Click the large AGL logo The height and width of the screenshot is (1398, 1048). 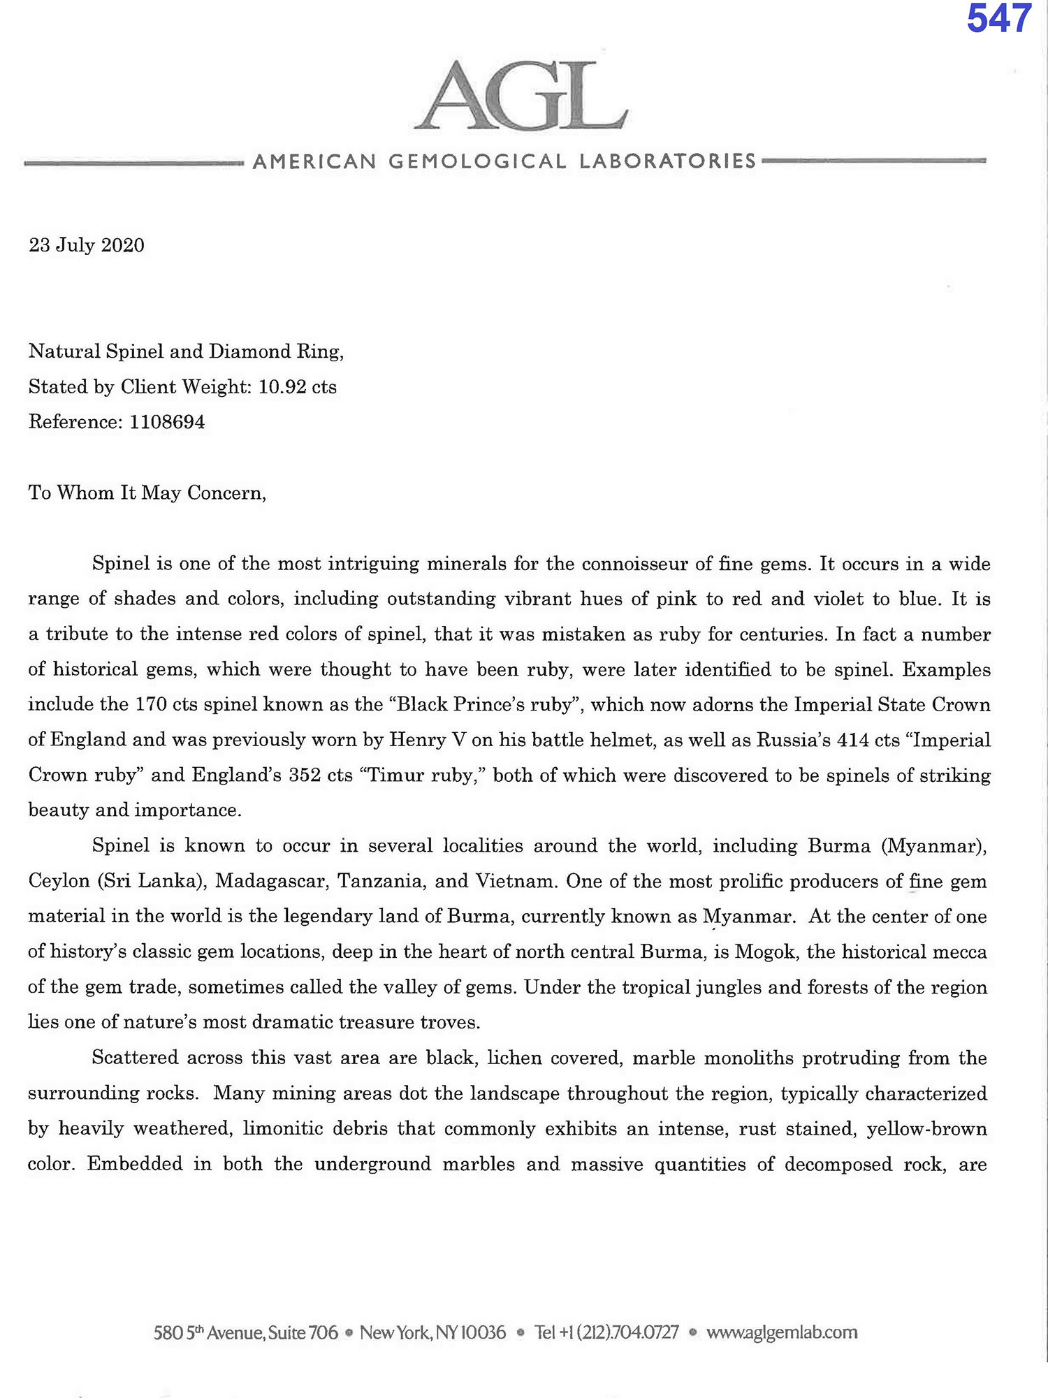click(x=522, y=96)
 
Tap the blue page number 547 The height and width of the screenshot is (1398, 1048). click(x=998, y=20)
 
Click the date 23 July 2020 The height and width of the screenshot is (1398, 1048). click(x=87, y=245)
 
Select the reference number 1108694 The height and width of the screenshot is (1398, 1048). click(x=167, y=422)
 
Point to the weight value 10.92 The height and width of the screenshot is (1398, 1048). click(x=282, y=387)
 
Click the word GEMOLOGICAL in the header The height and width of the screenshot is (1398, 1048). click(x=477, y=161)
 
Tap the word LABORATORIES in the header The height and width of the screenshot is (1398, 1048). click(x=667, y=161)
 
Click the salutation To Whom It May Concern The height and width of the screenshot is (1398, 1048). click(x=147, y=493)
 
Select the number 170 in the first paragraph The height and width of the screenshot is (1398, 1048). click(x=151, y=704)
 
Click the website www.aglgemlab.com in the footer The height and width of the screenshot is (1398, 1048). click(x=782, y=1332)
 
